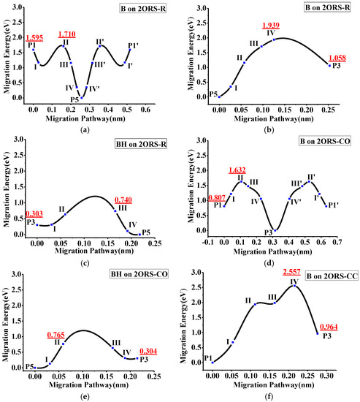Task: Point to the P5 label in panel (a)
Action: (74, 99)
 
